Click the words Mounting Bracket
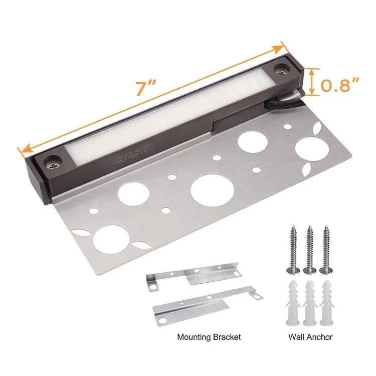point(209,337)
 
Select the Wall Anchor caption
point(311,337)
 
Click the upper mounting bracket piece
point(193,277)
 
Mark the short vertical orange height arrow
point(312,82)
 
